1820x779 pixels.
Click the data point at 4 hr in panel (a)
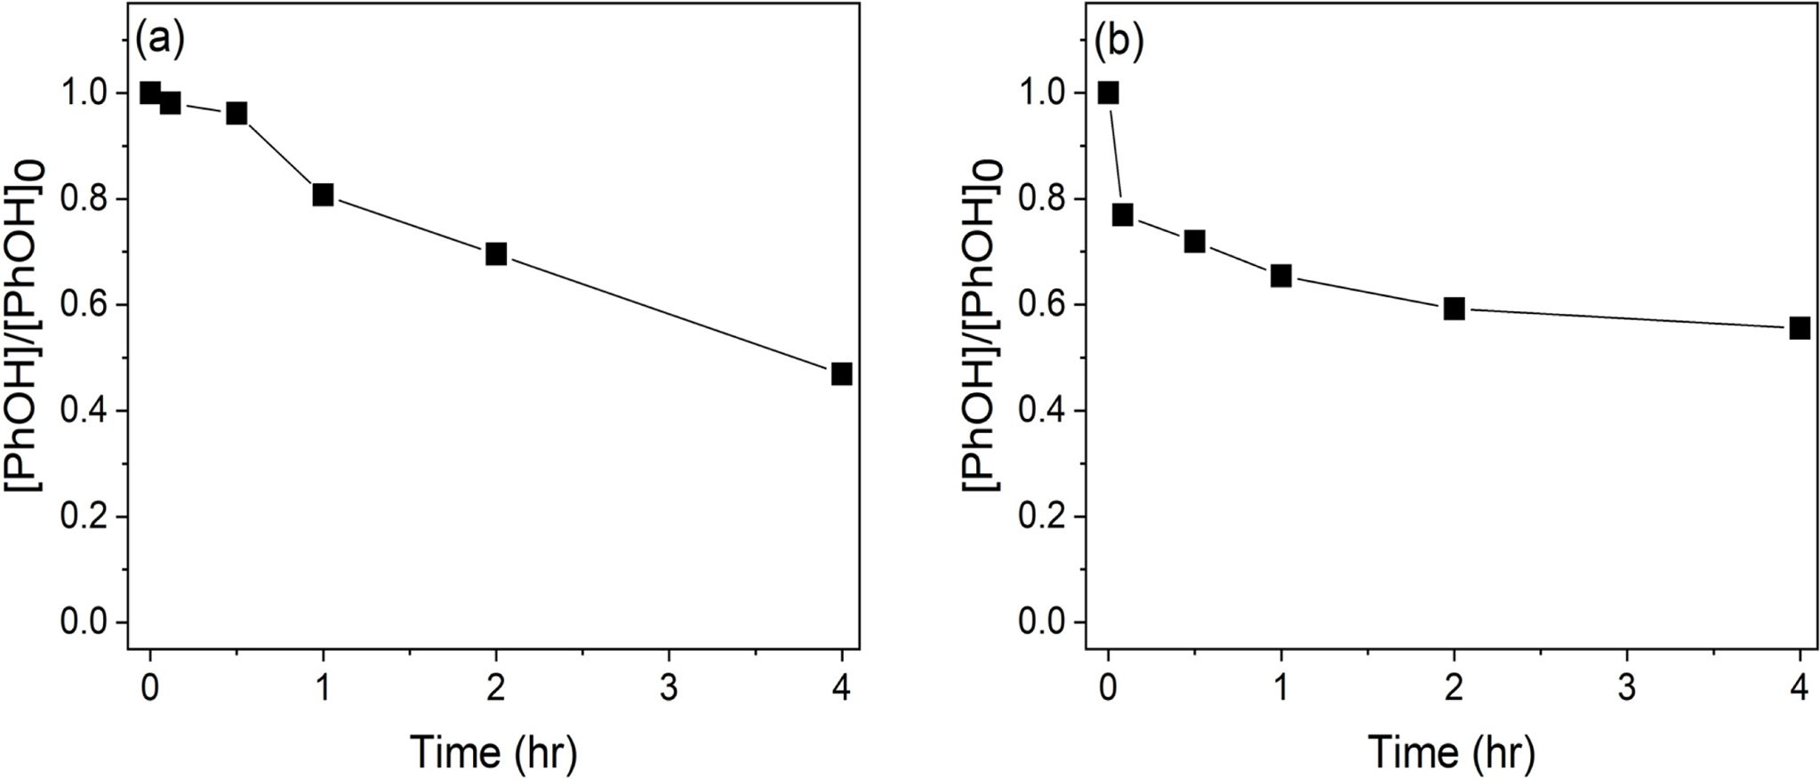point(841,373)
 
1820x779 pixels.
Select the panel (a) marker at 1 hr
point(323,195)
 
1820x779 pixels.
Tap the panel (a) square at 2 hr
point(496,254)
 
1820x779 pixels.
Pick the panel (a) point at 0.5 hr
point(237,113)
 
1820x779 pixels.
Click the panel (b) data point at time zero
point(1108,92)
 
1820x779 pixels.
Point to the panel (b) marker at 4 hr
point(1800,328)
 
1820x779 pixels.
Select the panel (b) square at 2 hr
point(1454,309)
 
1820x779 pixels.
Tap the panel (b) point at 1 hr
point(1280,276)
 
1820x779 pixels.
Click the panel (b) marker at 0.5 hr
point(1194,241)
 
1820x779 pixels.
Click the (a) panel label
point(160,42)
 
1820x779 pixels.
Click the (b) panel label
point(1118,42)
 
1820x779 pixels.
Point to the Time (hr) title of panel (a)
point(493,751)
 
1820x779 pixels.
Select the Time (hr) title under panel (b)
point(1451,751)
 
